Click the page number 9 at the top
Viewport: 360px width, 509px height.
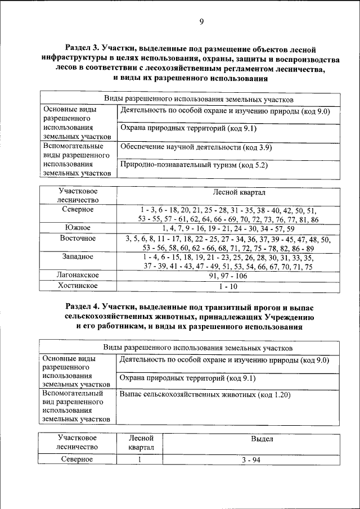[x=201, y=22]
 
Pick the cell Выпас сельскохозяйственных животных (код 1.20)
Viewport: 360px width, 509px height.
[x=205, y=395]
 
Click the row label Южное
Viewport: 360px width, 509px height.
[x=78, y=228]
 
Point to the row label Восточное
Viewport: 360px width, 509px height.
[x=78, y=238]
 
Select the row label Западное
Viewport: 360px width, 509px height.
[x=78, y=257]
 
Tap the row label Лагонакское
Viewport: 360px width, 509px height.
[x=78, y=276]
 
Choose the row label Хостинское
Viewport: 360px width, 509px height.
[x=78, y=286]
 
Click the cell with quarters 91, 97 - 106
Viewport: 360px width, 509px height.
[x=228, y=276]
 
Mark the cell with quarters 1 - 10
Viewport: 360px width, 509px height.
[x=228, y=286]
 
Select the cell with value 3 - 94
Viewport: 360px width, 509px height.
[x=247, y=460]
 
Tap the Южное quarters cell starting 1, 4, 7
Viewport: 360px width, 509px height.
[x=228, y=228]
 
